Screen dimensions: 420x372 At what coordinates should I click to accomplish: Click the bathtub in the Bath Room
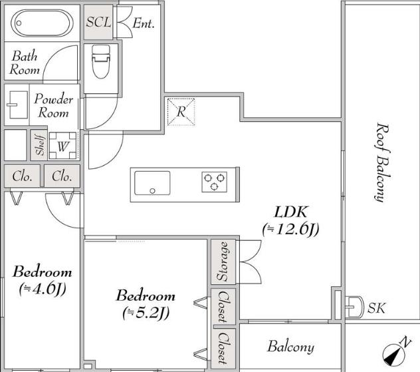pos(42,23)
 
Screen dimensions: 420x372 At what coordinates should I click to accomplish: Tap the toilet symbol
pos(101,62)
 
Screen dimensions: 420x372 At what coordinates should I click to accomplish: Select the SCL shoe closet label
pos(98,22)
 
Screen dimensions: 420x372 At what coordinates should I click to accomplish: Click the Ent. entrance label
pos(144,23)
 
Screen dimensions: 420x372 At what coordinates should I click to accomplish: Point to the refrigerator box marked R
pos(181,112)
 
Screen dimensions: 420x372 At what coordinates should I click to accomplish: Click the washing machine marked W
pos(63,146)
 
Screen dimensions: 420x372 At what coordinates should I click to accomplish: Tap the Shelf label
pos(40,145)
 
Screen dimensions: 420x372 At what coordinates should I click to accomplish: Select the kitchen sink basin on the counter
pos(152,183)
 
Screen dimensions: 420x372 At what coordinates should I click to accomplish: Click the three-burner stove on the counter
pos(214,182)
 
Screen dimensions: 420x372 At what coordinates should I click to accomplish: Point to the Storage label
pos(223,262)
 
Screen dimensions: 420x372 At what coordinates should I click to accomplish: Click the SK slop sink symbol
pos(354,307)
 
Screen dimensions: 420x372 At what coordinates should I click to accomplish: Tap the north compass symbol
pos(393,355)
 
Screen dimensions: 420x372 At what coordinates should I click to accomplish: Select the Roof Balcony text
pos(382,162)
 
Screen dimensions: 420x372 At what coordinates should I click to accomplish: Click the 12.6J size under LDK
pos(291,230)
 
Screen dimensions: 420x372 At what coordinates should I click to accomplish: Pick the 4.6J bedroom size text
pos(43,289)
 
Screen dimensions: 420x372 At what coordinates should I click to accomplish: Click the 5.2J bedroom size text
pos(146,313)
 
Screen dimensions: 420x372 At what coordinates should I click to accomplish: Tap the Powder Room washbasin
pos(17,105)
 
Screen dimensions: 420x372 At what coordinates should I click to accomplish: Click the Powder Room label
pos(53,106)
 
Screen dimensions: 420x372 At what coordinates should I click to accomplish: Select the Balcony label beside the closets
pos(290,347)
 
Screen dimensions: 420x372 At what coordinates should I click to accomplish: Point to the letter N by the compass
pos(405,342)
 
